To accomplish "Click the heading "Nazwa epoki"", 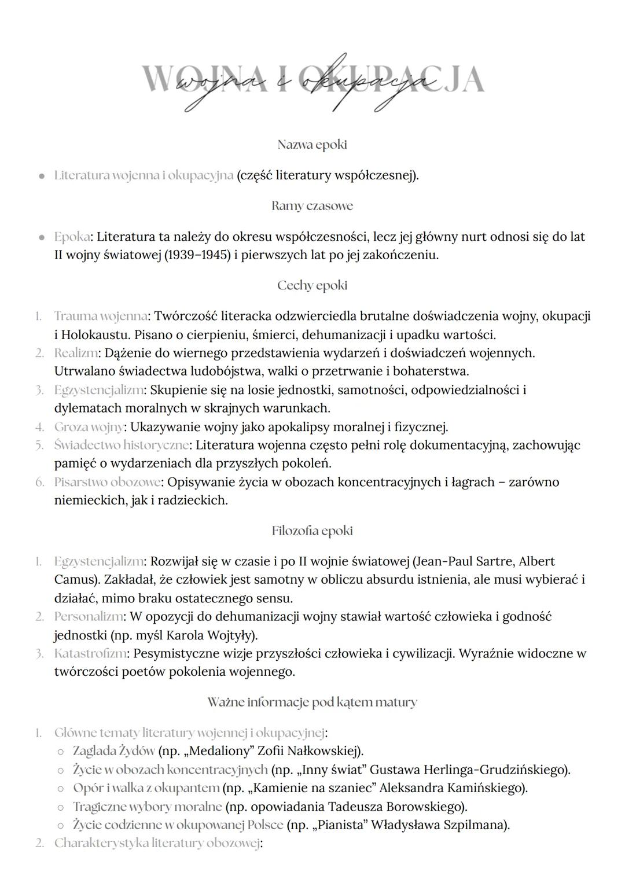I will [x=312, y=144].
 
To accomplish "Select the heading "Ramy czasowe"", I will [x=312, y=206].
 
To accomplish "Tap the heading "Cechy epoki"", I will [x=312, y=285].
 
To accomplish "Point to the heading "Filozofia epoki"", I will [x=312, y=531].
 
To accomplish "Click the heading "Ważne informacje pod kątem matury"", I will [x=312, y=702].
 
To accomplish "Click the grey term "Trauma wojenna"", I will [x=100, y=316].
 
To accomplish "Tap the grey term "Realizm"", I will [x=76, y=352].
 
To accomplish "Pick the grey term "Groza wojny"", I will [x=89, y=427].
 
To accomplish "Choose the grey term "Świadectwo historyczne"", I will [x=121, y=445].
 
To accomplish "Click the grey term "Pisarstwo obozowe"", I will [x=106, y=482].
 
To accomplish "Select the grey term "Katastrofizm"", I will [x=90, y=654].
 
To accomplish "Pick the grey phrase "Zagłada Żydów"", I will [x=113, y=751].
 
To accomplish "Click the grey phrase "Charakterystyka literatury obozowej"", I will [x=157, y=843].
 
